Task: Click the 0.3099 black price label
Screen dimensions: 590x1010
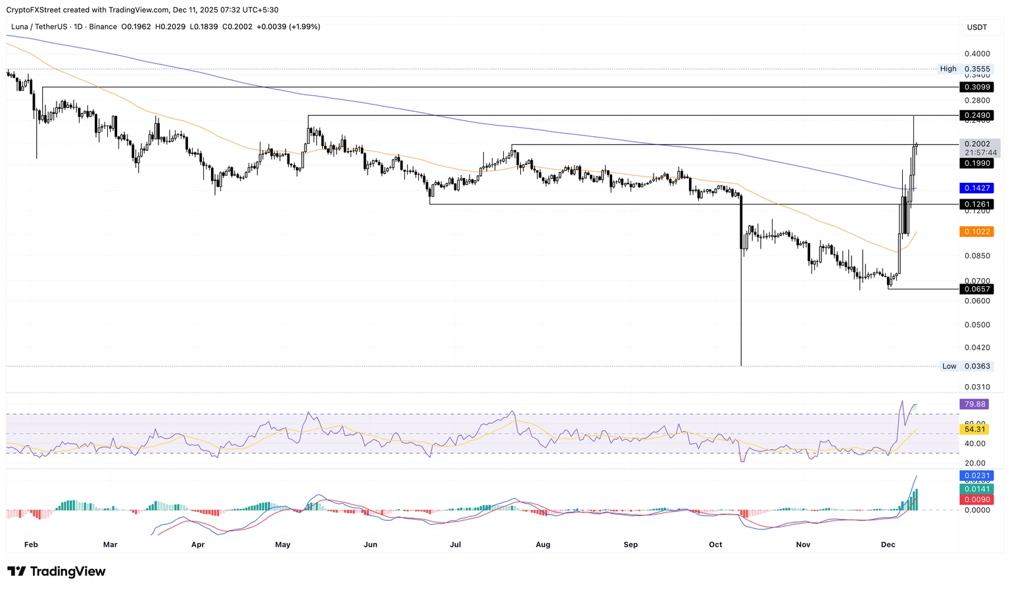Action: coord(976,87)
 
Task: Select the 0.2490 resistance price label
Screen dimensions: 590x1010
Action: coord(976,116)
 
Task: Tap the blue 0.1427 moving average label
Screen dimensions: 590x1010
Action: coord(976,188)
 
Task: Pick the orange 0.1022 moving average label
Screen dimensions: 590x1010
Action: coord(976,232)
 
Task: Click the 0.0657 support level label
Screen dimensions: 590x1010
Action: coord(976,289)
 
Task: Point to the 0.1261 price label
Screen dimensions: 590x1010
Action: coord(976,205)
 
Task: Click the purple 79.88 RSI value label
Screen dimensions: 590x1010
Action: coord(975,405)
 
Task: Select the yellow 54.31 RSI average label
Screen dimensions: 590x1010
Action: coord(975,430)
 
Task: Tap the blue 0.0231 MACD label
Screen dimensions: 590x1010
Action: coord(976,476)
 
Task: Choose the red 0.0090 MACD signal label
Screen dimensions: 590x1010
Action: coord(976,500)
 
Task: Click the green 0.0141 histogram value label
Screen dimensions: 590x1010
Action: coord(976,489)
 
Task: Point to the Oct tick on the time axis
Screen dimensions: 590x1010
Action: coord(715,545)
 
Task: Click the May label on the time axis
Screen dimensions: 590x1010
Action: coord(283,545)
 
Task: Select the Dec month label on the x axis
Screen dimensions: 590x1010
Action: coord(888,545)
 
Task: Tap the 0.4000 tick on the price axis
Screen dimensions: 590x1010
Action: coord(977,54)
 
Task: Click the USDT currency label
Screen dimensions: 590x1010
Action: coord(977,27)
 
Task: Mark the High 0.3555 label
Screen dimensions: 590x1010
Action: coord(965,69)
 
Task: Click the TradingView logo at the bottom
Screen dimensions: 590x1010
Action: coord(57,572)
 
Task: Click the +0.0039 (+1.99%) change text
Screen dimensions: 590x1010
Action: coord(288,27)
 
